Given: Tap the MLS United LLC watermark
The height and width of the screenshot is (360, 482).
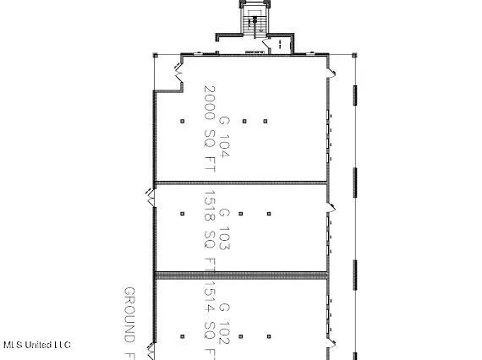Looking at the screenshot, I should pyautogui.click(x=36, y=345).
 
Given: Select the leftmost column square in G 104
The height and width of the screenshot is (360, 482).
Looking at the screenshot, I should pyautogui.click(x=182, y=121).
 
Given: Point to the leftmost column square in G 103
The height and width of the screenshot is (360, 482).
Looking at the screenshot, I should pyautogui.click(x=182, y=213).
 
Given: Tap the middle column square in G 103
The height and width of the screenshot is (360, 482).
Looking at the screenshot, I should pyautogui.click(x=241, y=213).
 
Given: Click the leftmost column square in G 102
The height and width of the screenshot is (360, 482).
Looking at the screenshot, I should pyautogui.click(x=182, y=335).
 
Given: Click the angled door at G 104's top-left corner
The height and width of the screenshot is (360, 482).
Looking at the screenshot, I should pyautogui.click(x=180, y=77).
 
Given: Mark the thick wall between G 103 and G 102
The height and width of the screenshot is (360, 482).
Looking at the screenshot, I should pyautogui.click(x=240, y=274).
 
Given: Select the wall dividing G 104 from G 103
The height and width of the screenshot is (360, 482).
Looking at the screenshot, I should pyautogui.click(x=240, y=183).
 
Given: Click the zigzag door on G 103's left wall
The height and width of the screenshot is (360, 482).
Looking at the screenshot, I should pyautogui.click(x=151, y=195).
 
